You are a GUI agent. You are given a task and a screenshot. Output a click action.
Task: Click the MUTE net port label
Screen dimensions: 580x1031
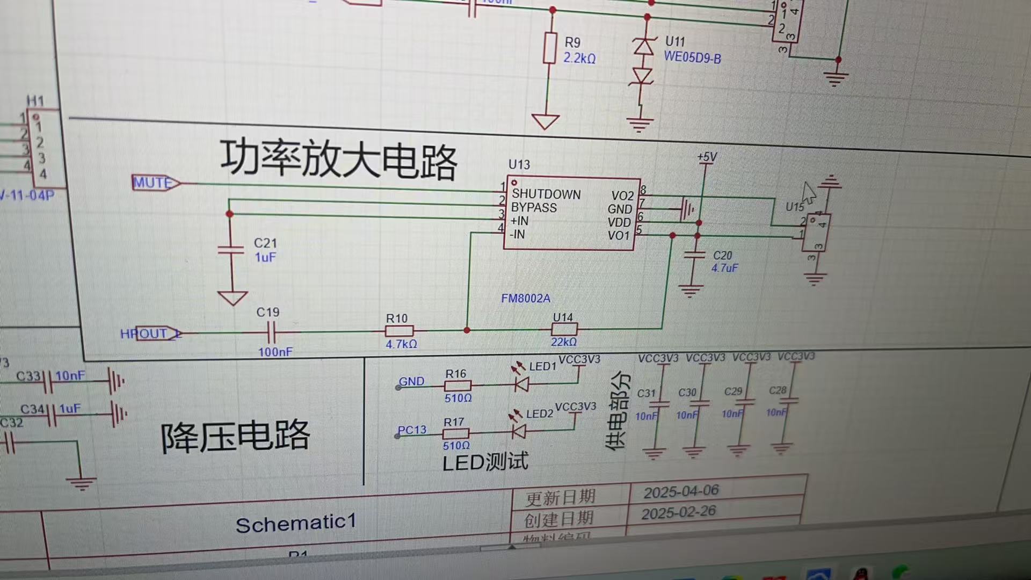[155, 183]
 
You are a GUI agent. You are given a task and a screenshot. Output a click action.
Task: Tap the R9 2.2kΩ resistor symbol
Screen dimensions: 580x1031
[550, 48]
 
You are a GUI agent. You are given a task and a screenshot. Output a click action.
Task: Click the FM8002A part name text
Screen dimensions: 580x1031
[526, 299]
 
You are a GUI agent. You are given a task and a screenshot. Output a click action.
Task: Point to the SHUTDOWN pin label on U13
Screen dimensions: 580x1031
[546, 194]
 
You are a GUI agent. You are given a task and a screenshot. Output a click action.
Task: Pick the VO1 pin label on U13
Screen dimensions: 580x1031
[618, 235]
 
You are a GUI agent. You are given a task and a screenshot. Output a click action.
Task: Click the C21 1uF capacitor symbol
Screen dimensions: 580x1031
[231, 250]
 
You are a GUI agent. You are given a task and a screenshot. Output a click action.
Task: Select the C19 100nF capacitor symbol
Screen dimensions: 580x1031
[272, 332]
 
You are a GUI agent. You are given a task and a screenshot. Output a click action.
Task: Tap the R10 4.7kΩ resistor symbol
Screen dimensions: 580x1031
[399, 331]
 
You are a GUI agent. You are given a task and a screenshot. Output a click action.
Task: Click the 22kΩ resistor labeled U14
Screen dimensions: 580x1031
[564, 329]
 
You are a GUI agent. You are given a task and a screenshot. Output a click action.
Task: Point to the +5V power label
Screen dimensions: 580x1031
[707, 157]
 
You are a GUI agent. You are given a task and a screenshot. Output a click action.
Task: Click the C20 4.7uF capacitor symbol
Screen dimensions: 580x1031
[694, 256]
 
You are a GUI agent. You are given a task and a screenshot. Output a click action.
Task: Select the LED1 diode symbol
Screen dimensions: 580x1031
[521, 383]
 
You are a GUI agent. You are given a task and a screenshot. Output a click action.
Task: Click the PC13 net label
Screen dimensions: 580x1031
[412, 430]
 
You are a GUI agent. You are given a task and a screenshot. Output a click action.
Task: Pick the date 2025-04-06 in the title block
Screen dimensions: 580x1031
[681, 491]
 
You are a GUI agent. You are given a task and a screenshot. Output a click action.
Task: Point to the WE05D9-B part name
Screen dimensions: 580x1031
[692, 57]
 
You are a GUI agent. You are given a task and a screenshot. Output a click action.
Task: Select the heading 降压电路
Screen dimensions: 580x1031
[235, 436]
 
